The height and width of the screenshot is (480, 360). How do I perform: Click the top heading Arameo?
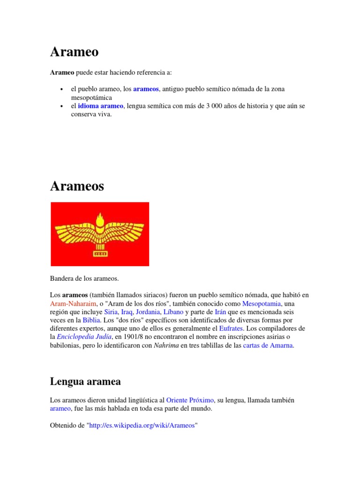coord(74,52)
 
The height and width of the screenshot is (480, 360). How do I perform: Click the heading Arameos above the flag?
coord(77,186)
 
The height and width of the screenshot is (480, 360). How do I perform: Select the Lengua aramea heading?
coord(85,382)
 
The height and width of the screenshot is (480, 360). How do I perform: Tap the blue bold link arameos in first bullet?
coord(146,89)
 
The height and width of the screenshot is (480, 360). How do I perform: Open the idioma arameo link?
coord(100,106)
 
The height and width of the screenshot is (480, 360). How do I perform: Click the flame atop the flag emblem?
coord(99,218)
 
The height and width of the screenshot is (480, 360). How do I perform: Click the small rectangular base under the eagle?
coord(99,255)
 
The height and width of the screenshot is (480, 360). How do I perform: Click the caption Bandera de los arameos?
coord(84,278)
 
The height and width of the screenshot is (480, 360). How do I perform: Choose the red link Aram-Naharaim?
coord(70,304)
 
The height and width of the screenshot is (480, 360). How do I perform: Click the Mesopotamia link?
coord(261,304)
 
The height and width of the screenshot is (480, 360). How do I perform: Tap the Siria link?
coord(111,312)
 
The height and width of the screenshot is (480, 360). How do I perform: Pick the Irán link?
coord(221,312)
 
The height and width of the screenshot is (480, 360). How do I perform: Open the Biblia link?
coord(91,321)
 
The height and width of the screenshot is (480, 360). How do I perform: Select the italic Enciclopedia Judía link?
coord(84,337)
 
